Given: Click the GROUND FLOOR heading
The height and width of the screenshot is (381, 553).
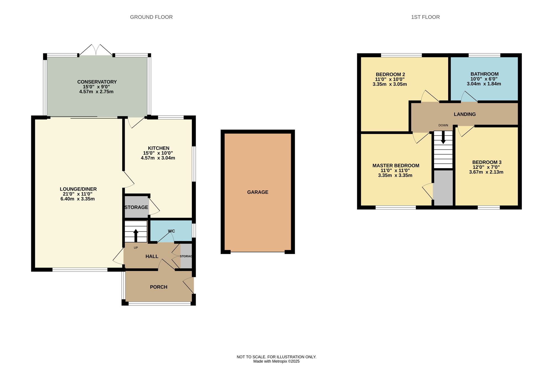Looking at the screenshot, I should (x=151, y=17).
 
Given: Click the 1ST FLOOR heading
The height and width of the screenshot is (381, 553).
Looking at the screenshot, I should (x=425, y=17).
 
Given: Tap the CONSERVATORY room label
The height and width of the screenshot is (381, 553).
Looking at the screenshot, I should (x=97, y=82).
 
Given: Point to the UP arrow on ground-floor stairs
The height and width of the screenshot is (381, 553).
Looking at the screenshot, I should (x=136, y=235).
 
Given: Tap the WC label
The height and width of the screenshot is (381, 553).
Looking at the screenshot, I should (x=171, y=231).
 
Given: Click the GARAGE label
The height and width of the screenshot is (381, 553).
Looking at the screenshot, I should (x=257, y=192).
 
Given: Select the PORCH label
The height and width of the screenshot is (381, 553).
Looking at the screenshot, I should (x=158, y=287).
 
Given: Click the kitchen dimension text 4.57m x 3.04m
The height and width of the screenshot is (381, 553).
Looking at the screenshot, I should (x=158, y=158).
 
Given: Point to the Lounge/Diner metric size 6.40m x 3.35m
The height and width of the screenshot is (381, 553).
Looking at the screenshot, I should (x=78, y=199).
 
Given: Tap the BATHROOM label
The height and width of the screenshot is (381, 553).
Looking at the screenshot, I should (x=484, y=74).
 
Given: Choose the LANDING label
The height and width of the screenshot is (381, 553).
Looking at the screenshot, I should (x=465, y=114).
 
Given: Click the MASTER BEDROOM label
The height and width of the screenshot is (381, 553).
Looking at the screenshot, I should (x=396, y=165).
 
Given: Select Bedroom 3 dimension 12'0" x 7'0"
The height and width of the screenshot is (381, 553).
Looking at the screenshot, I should (x=486, y=167).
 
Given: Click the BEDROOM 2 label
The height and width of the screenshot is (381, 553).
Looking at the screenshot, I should (x=390, y=74).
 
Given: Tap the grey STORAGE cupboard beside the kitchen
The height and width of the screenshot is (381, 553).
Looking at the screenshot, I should (x=136, y=207).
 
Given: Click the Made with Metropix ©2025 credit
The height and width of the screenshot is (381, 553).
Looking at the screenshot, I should (x=276, y=361).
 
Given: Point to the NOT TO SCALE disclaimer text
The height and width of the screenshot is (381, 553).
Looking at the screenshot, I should (x=276, y=357).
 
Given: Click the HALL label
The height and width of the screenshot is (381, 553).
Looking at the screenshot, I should (x=152, y=256).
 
